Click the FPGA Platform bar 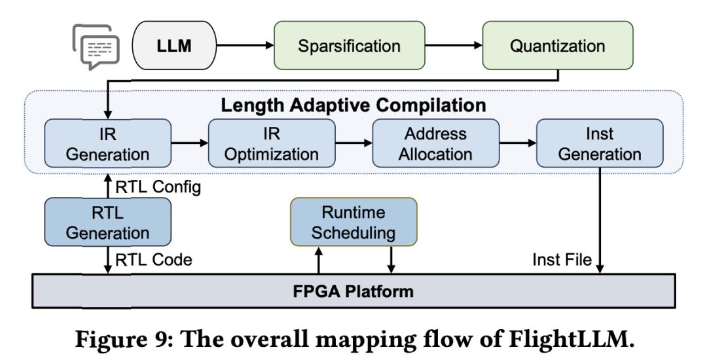pyautogui.click(x=353, y=290)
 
